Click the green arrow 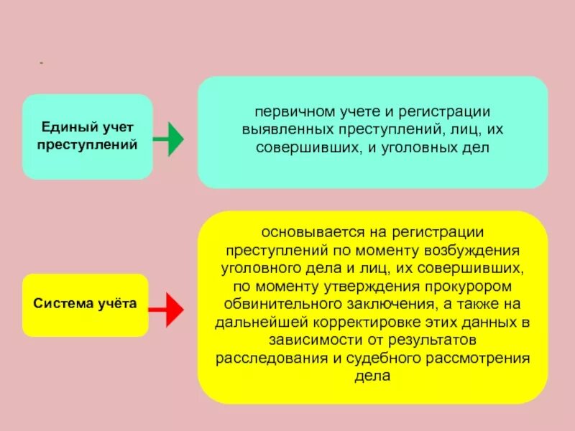(x=169, y=139)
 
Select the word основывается (x=302, y=234)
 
